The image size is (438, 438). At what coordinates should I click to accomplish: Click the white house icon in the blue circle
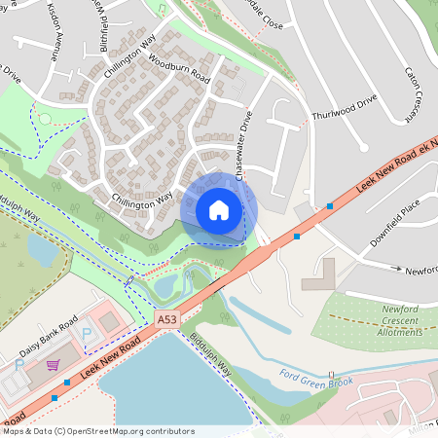pos(219,210)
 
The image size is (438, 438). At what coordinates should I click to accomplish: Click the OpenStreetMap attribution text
pos(98,431)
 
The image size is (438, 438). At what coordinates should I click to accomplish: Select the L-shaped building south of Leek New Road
pos(321,277)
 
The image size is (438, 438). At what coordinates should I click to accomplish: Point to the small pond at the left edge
pos(41,251)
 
